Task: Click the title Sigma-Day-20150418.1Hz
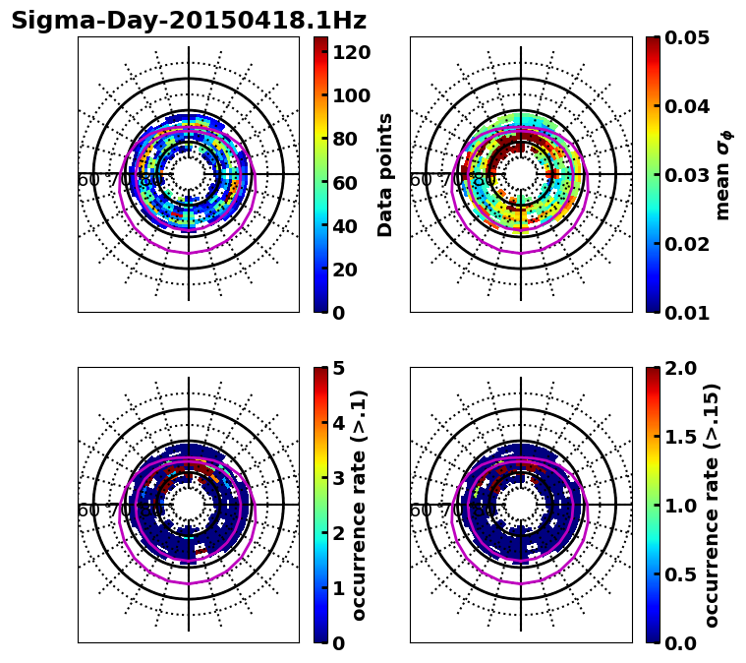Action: pyautogui.click(x=188, y=21)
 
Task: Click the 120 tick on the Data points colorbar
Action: pyautogui.click(x=352, y=51)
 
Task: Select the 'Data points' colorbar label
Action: pyautogui.click(x=385, y=175)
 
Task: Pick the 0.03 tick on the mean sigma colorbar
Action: pyautogui.click(x=688, y=175)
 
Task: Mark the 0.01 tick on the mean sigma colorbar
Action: pyautogui.click(x=688, y=313)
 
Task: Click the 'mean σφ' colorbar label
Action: pyautogui.click(x=722, y=175)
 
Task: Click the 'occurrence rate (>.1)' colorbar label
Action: pyautogui.click(x=360, y=506)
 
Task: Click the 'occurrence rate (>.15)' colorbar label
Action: pyautogui.click(x=712, y=506)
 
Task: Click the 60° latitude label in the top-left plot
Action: pyautogui.click(x=88, y=180)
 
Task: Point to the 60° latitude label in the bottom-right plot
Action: pyautogui.click(x=421, y=511)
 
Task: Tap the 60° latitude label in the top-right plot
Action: pyautogui.click(x=421, y=180)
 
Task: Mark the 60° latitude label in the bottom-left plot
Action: pyautogui.click(x=88, y=511)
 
